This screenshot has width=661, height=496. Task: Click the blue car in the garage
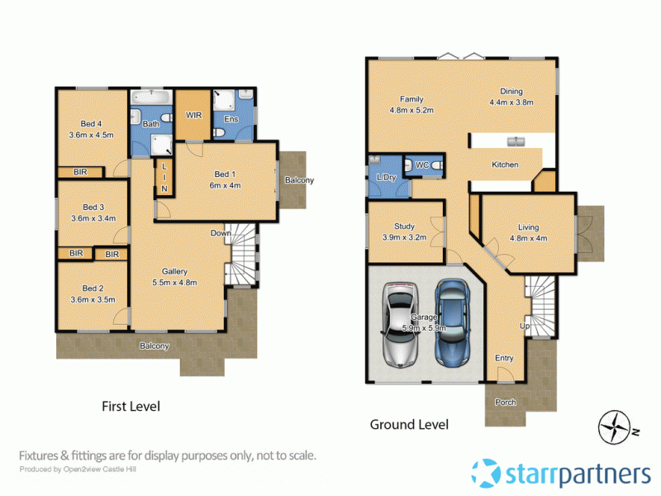452,322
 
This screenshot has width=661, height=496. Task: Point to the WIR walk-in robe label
195,115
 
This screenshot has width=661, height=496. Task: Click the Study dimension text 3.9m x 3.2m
404,236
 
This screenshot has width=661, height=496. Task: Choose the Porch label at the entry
505,403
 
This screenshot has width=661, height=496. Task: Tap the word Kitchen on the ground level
505,165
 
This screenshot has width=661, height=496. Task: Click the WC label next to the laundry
421,165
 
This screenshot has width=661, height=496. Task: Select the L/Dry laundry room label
385,179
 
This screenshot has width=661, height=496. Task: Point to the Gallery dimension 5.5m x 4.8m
174,282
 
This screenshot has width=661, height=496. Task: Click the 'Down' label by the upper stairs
221,233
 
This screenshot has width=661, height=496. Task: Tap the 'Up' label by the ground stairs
524,326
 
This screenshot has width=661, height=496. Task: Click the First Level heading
131,406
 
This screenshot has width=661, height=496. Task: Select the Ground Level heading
409,425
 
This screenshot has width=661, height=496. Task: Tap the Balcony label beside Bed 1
299,180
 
